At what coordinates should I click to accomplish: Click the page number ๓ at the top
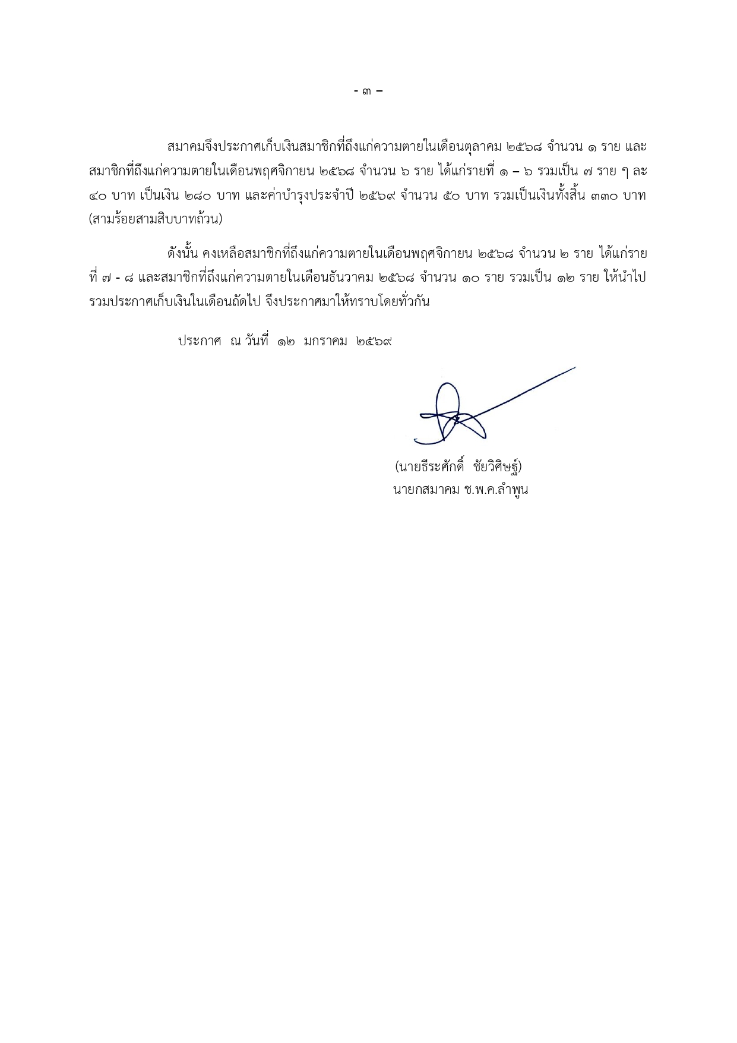[368, 92]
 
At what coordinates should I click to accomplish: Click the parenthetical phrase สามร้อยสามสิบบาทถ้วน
[156, 219]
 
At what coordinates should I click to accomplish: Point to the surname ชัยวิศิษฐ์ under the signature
[498, 467]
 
